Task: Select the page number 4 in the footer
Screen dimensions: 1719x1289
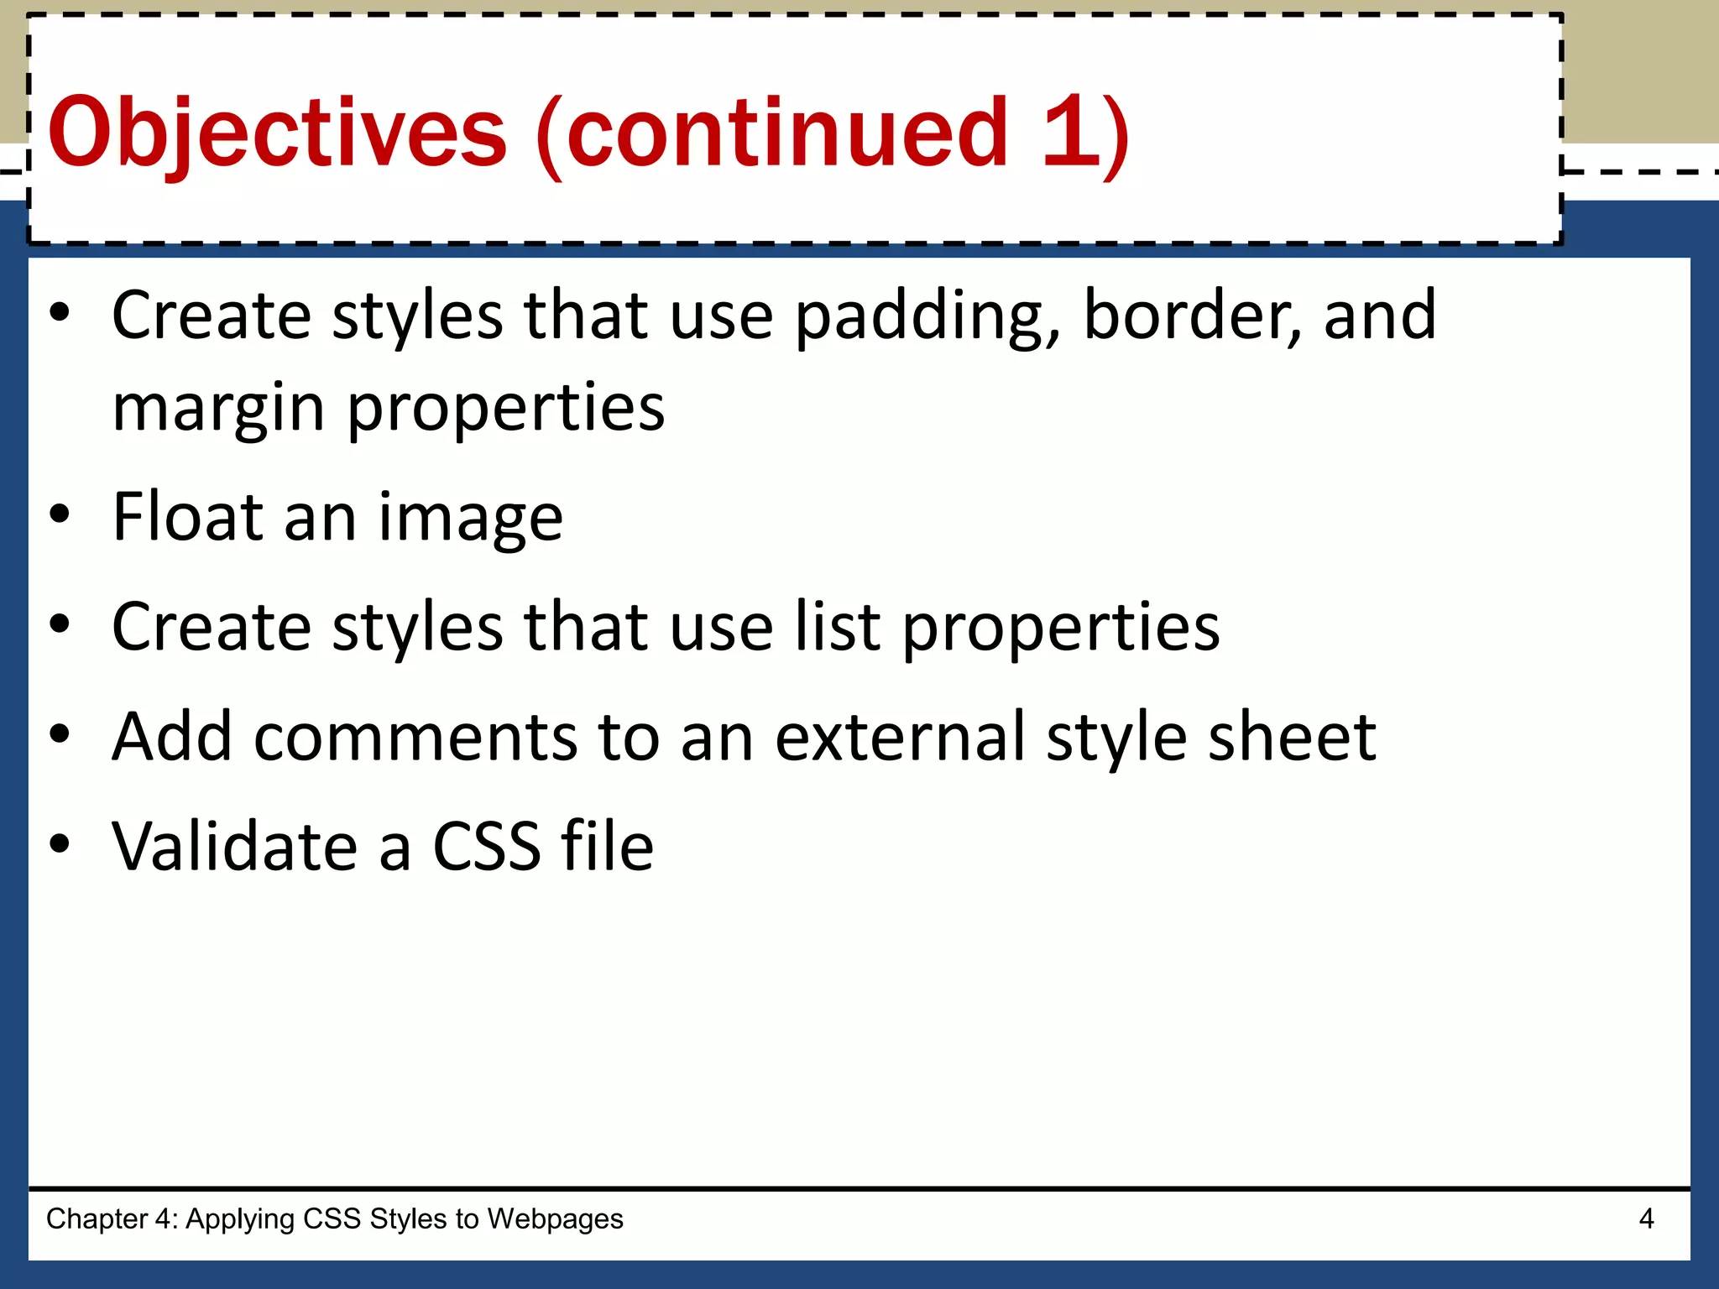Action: (x=1646, y=1219)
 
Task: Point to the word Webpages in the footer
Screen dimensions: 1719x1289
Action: (x=555, y=1219)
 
